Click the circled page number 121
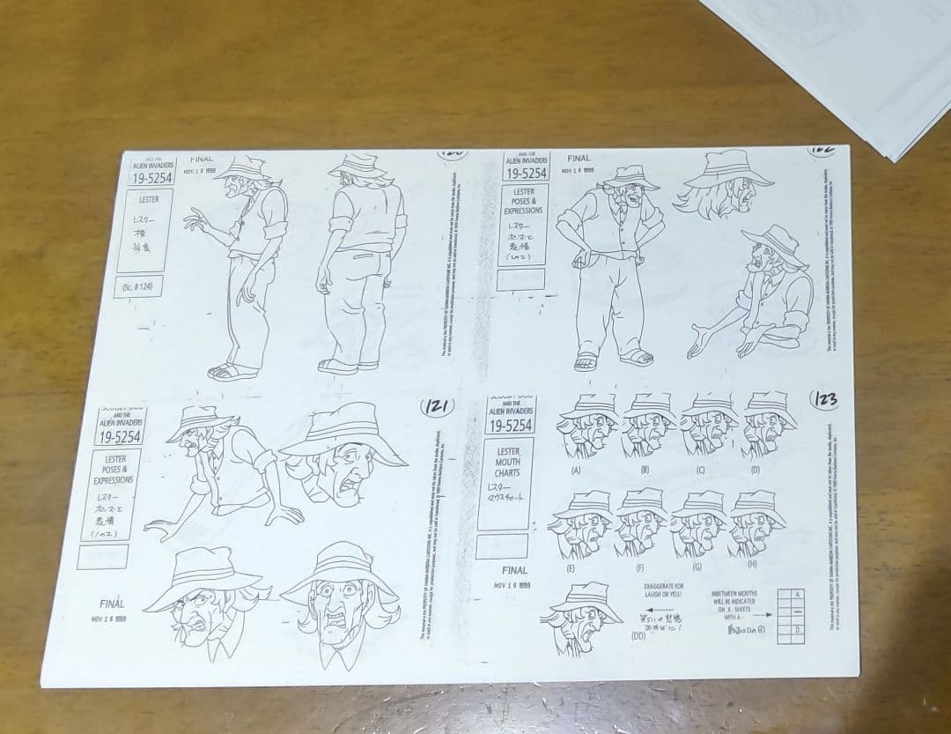pyautogui.click(x=438, y=406)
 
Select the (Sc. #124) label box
pyautogui.click(x=139, y=286)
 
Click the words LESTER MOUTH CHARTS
pyautogui.click(x=507, y=462)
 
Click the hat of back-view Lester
pyautogui.click(x=359, y=165)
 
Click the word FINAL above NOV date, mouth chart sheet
pyautogui.click(x=514, y=569)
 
